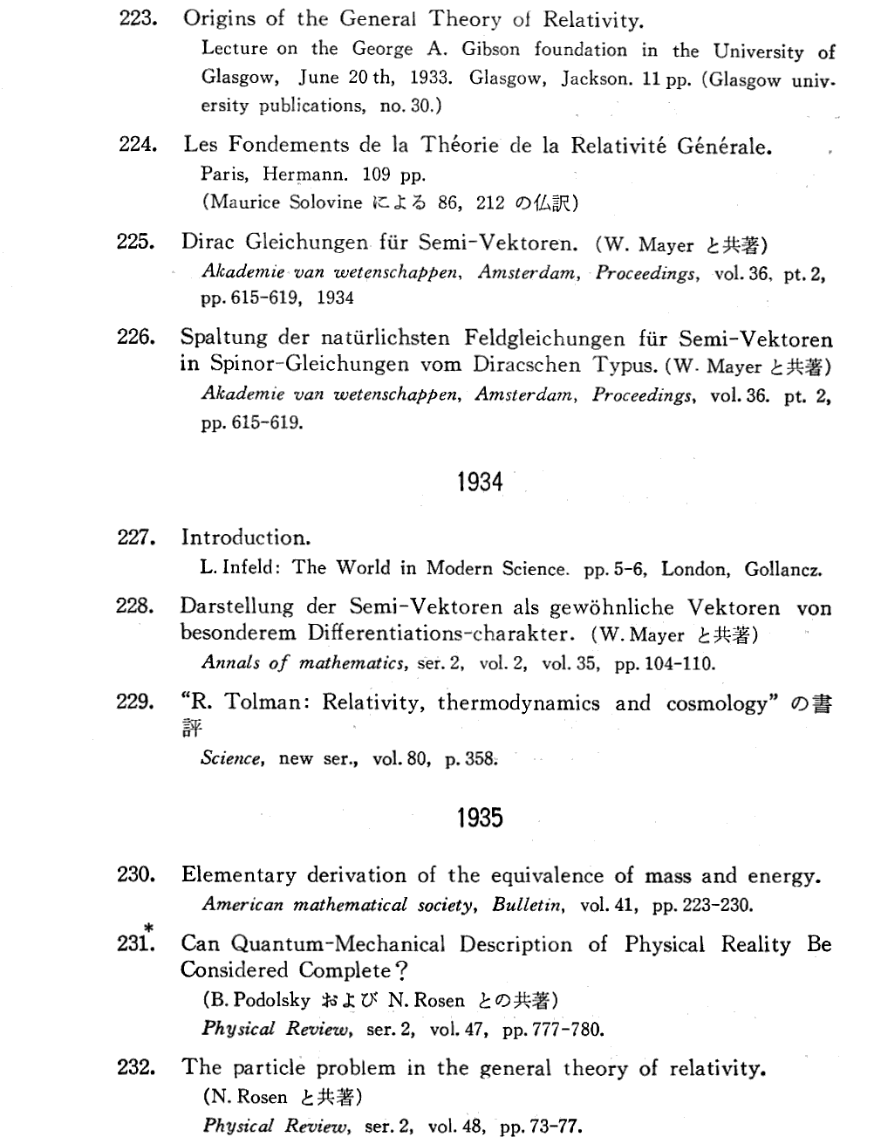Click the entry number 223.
(136, 19)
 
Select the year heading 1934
(480, 481)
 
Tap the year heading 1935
(480, 818)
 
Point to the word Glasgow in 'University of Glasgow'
(239, 77)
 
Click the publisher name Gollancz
(782, 570)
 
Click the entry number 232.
(136, 1066)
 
